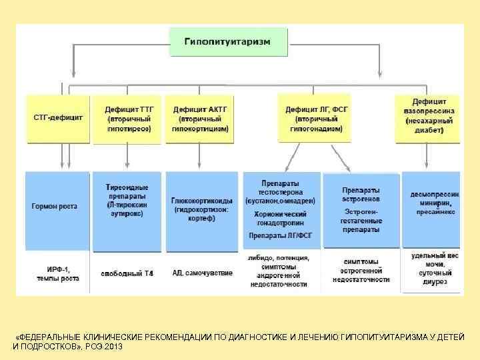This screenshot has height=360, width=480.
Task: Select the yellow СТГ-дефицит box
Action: pyautogui.click(x=58, y=118)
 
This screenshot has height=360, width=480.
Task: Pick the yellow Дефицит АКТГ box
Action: pyautogui.click(x=200, y=118)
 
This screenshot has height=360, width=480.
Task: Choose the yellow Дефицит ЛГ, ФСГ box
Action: pyautogui.click(x=313, y=118)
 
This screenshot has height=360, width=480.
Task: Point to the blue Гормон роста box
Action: pyautogui.click(x=56, y=207)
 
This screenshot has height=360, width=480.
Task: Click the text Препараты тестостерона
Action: pyautogui.click(x=280, y=191)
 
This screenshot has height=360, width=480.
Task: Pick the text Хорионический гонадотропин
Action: pyautogui.click(x=280, y=219)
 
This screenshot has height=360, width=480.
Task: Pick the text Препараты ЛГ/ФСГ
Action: pyautogui.click(x=280, y=235)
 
